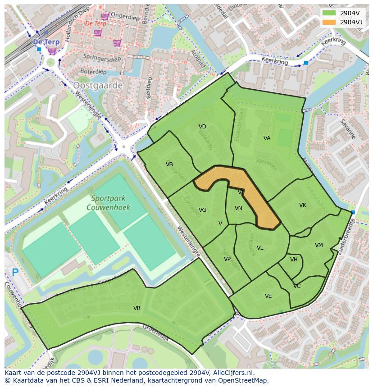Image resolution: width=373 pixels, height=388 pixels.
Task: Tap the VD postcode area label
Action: point(202,127)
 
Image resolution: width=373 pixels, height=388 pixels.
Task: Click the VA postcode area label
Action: point(267,138)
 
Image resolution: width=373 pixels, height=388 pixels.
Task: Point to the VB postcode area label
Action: point(169,164)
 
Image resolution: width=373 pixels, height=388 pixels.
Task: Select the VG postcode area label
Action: point(202,210)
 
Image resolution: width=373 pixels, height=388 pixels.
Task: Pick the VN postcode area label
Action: point(238,208)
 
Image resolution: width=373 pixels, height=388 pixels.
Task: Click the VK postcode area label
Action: point(303,205)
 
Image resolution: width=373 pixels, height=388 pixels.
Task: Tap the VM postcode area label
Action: point(319,245)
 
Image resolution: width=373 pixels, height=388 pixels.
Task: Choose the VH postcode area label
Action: point(294,260)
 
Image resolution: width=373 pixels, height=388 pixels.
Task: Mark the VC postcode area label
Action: point(297,286)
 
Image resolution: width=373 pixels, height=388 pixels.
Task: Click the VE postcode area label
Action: point(268,296)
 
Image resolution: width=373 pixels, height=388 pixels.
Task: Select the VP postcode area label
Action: point(227,259)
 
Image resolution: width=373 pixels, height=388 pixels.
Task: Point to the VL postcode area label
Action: point(260,248)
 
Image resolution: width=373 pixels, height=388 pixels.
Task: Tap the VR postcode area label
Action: point(137,308)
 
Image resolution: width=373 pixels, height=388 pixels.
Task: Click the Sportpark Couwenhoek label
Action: point(110,203)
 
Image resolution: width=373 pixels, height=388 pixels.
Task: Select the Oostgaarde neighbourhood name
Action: point(98,85)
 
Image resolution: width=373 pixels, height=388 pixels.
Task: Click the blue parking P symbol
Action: point(15,272)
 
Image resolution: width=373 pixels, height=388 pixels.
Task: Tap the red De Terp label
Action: point(96,23)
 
